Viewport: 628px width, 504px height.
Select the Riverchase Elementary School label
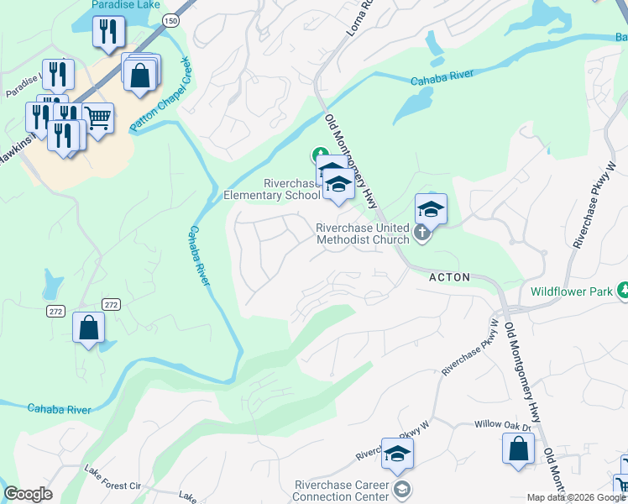[x=271, y=189]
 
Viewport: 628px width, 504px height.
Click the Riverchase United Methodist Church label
[x=362, y=233]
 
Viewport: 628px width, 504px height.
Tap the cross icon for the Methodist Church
[x=421, y=233]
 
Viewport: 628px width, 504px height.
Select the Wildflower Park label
[x=571, y=293]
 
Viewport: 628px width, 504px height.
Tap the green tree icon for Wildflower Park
[x=623, y=290]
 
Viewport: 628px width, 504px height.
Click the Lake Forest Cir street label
[x=112, y=485]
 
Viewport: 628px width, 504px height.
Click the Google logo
[x=28, y=494]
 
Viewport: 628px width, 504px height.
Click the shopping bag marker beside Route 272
[x=88, y=328]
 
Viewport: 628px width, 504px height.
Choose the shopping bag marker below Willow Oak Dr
[x=518, y=447]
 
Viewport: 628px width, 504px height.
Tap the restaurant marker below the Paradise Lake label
[x=108, y=33]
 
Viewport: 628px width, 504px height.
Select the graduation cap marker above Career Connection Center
[x=398, y=454]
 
